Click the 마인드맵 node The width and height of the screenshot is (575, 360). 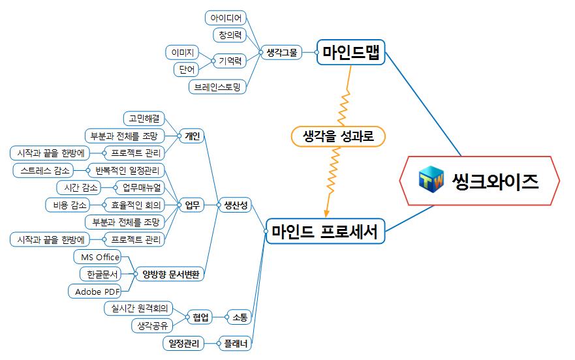click(x=351, y=52)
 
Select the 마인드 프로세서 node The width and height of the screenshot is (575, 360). click(x=324, y=231)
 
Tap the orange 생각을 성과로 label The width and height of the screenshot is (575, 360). click(x=337, y=136)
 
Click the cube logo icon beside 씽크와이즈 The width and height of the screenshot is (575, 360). click(x=431, y=180)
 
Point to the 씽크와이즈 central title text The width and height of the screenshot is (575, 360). click(x=495, y=181)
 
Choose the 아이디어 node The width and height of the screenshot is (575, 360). click(x=226, y=18)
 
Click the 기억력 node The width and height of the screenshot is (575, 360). click(x=230, y=61)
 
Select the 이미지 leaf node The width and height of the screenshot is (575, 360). click(x=182, y=52)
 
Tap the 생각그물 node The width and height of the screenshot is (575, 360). click(x=281, y=53)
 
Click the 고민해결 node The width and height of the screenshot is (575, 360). click(x=145, y=118)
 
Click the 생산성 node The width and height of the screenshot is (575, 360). click(x=236, y=205)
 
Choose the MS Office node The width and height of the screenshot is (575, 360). click(x=97, y=257)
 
